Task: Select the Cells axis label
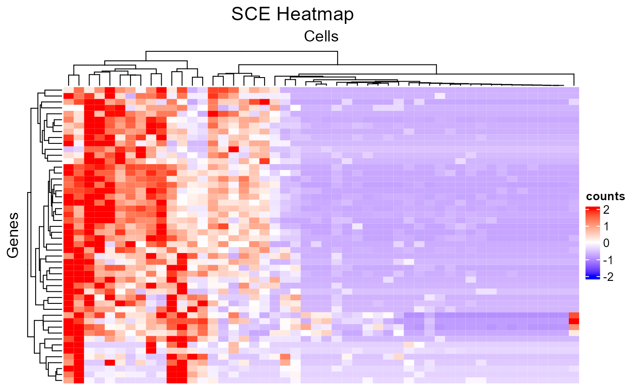[x=321, y=36]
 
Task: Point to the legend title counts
[x=605, y=197]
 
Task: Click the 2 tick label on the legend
[x=606, y=210]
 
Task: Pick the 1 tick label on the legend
[x=606, y=226]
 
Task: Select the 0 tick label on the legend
[x=606, y=243]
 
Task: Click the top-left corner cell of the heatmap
[x=68, y=90]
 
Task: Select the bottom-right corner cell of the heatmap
[x=574, y=380]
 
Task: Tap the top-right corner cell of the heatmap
[x=574, y=90]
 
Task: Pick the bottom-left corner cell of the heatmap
[x=68, y=380]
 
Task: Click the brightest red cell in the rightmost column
[x=574, y=321]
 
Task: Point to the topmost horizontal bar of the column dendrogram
[x=241, y=51]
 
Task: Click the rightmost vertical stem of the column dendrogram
[x=574, y=79]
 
